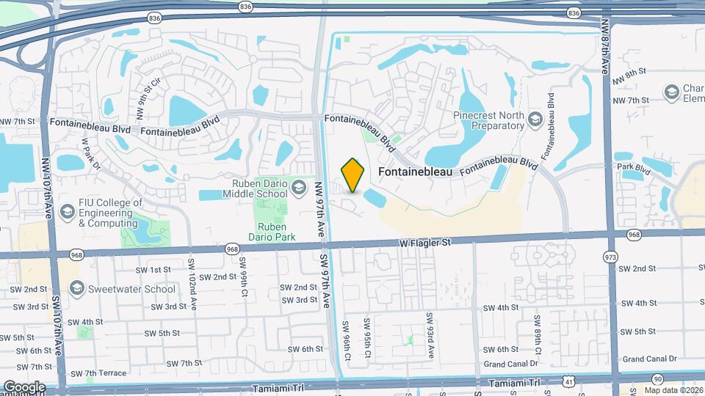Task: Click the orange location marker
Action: [352, 175]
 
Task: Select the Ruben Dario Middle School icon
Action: [298, 189]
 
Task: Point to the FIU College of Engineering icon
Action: [67, 213]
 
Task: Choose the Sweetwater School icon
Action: [76, 289]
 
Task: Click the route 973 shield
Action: [610, 258]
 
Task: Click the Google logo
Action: [23, 387]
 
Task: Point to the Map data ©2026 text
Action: [673, 390]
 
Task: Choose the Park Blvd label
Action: [634, 167]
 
